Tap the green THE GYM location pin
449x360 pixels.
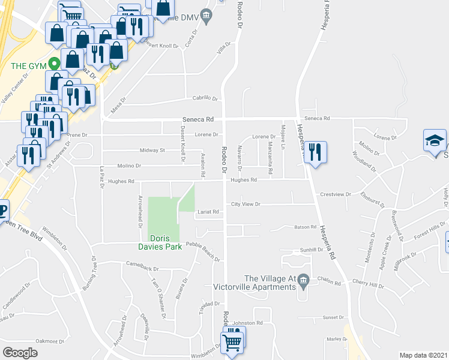click(x=53, y=62)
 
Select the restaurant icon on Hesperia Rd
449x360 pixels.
click(x=315, y=152)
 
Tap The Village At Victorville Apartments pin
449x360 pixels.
click(x=303, y=280)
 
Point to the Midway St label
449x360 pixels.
click(x=152, y=150)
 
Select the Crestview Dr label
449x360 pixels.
click(x=335, y=194)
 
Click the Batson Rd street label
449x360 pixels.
click(x=305, y=227)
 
